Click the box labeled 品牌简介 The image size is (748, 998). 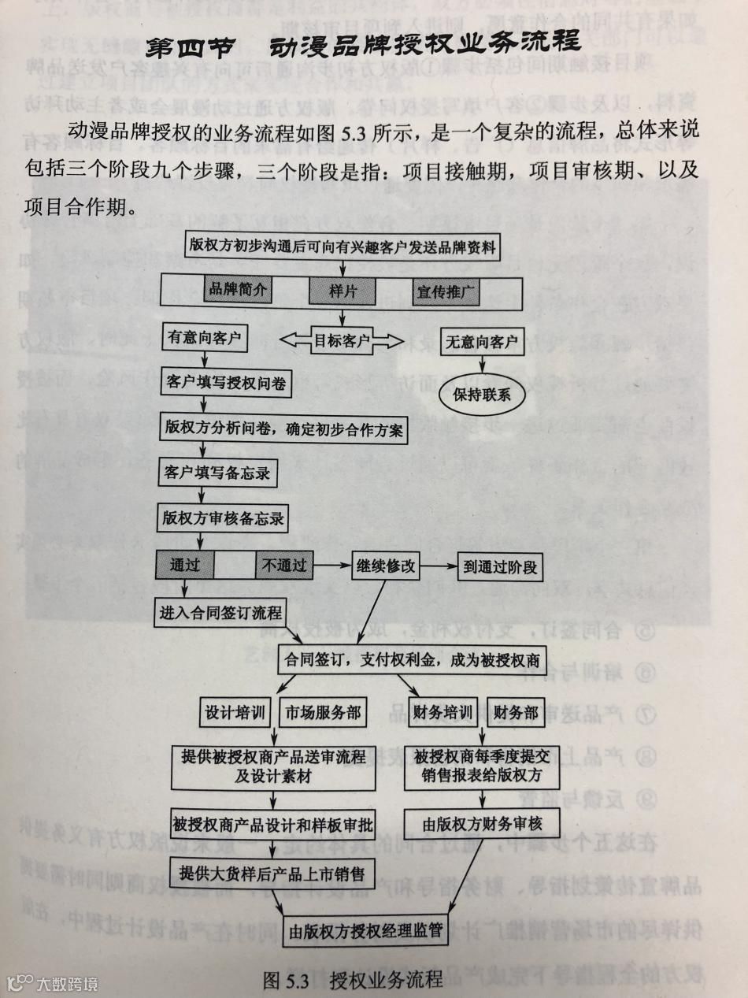[237, 290]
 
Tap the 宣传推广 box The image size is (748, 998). [446, 291]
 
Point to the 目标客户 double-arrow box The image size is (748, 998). [342, 341]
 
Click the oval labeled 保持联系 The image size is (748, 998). [481, 394]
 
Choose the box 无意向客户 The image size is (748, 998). [481, 341]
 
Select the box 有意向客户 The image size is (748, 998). [206, 339]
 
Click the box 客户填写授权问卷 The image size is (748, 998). [227, 384]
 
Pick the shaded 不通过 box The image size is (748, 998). [284, 565]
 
